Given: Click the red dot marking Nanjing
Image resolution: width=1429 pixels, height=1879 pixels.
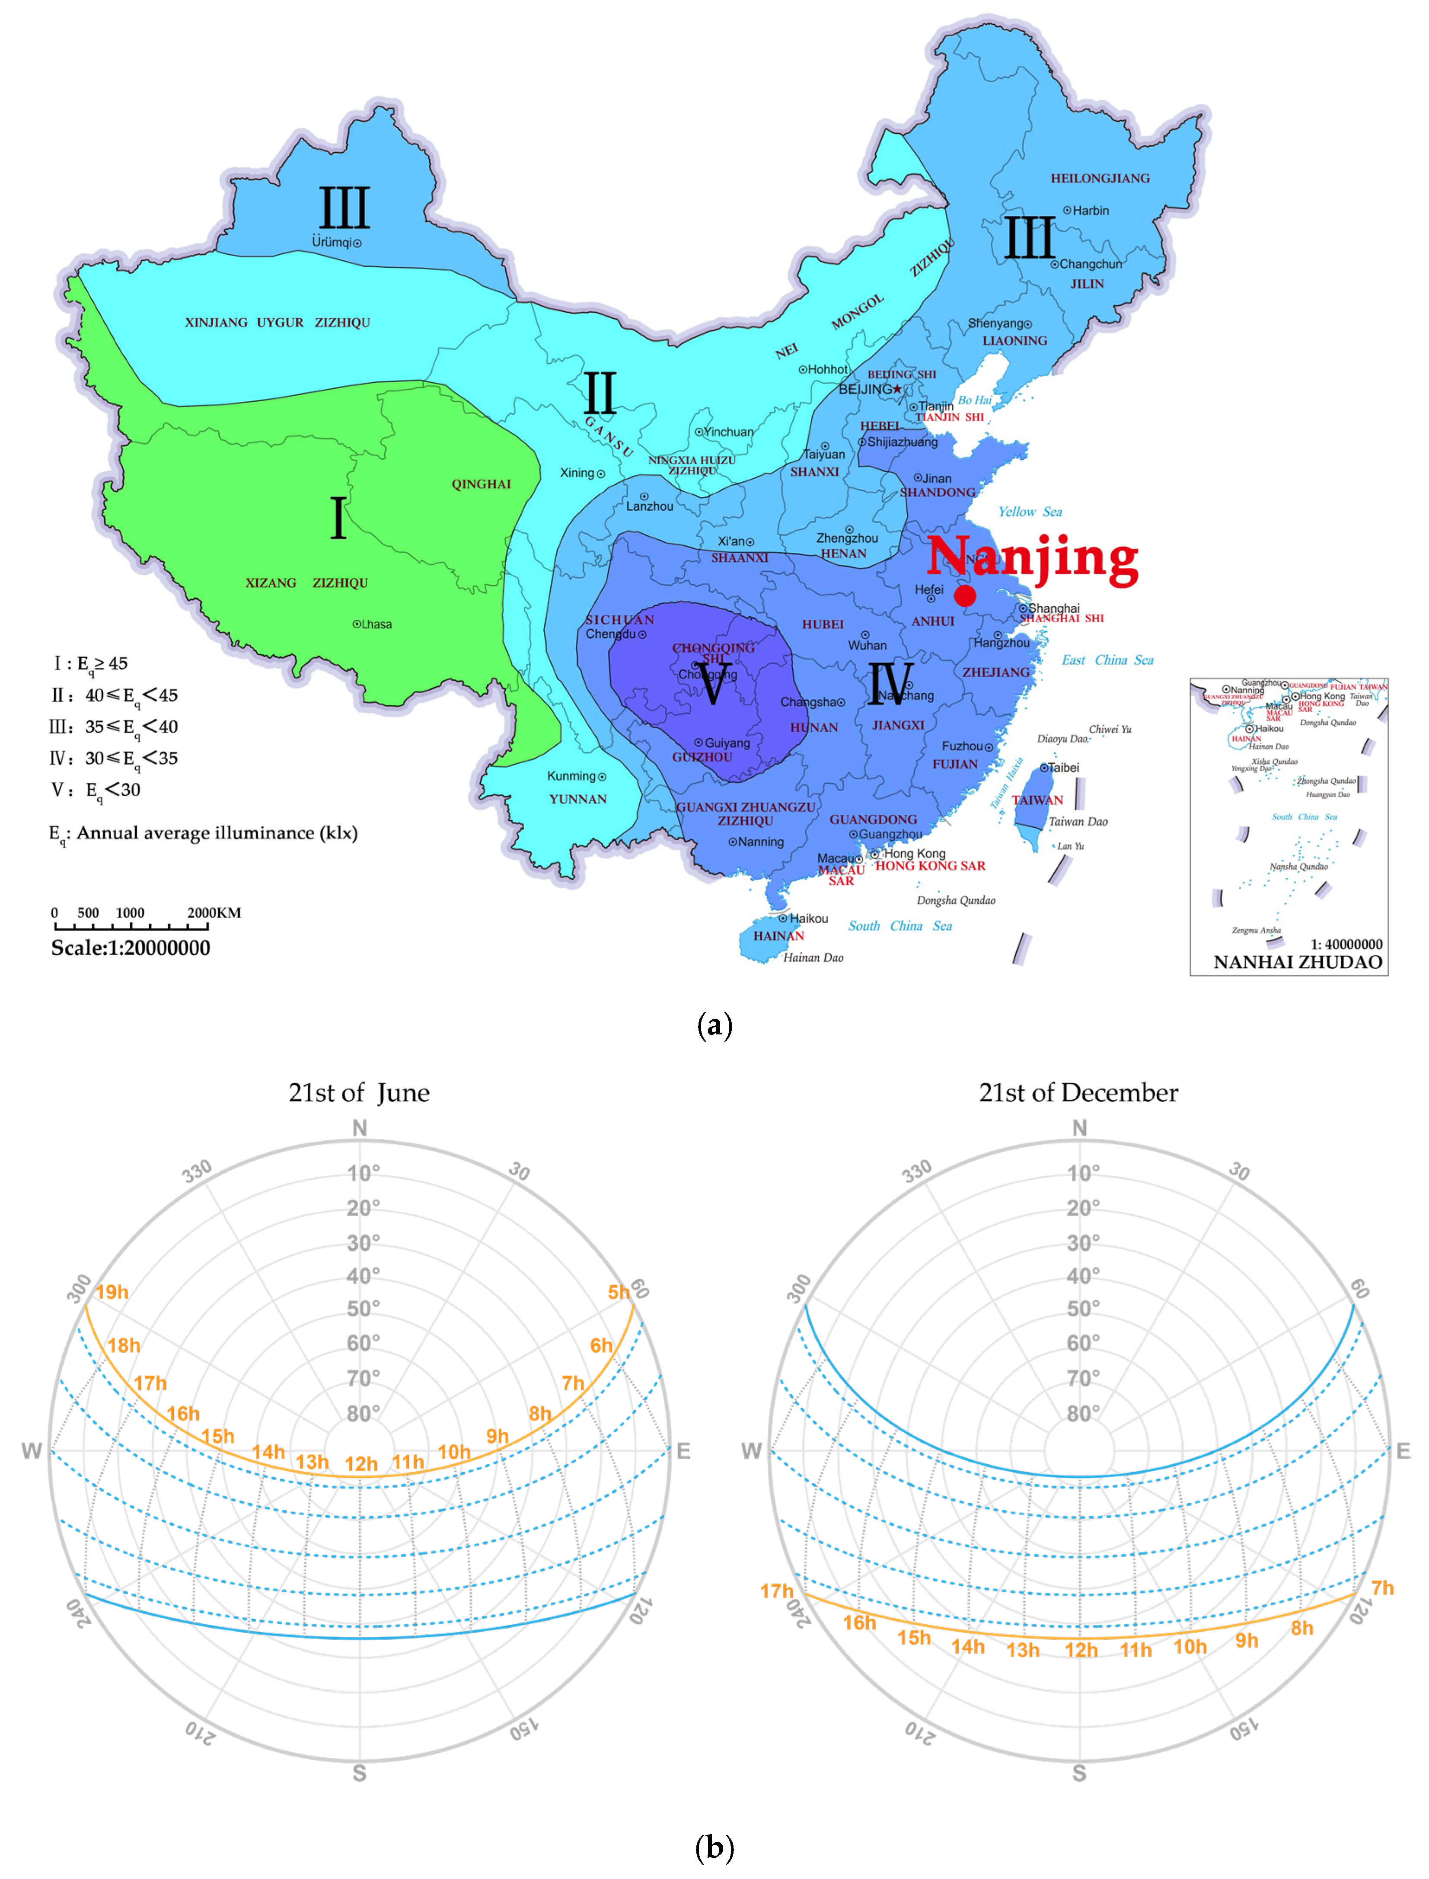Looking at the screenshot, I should (x=965, y=595).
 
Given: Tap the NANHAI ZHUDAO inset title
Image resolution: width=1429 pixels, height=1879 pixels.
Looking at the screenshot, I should (x=1297, y=963).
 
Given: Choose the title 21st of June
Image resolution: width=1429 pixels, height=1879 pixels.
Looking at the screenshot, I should (x=359, y=1093).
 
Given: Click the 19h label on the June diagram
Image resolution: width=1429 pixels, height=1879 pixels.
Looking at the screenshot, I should (x=112, y=1292).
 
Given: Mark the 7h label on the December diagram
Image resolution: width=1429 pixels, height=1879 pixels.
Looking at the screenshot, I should (x=1382, y=1588).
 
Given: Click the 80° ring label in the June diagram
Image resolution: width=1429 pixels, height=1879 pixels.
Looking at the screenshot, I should (x=363, y=1414).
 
